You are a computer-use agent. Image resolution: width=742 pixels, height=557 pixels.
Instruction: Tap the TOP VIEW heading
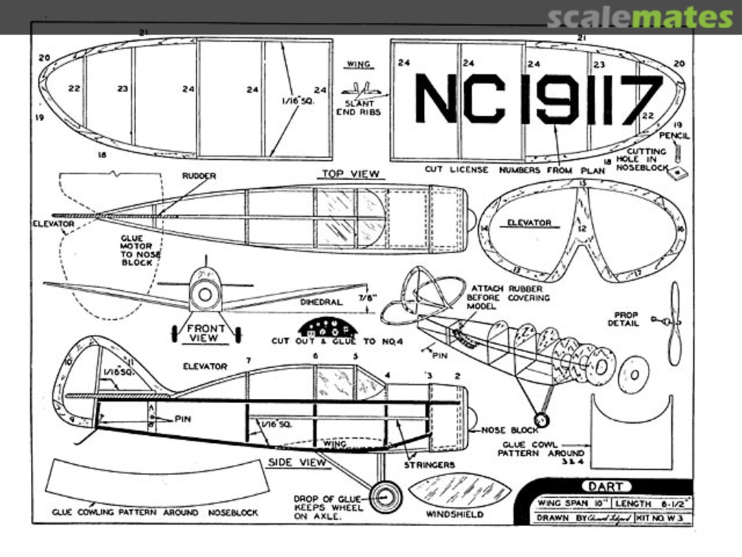tap(350, 175)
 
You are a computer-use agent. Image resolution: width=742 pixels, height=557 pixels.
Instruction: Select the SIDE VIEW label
tap(297, 462)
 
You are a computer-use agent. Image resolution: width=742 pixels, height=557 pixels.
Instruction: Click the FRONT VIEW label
tap(205, 334)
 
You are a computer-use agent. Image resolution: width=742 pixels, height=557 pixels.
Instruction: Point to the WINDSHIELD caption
tap(454, 514)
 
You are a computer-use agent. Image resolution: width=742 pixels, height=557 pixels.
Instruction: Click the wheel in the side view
tap(385, 495)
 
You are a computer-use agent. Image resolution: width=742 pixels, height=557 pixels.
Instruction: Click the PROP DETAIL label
tap(624, 319)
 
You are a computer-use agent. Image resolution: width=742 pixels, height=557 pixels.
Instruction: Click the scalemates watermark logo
tap(639, 17)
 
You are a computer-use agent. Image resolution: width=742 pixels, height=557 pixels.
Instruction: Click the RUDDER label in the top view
tap(199, 176)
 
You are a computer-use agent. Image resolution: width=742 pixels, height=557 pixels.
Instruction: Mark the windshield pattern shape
tap(460, 491)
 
